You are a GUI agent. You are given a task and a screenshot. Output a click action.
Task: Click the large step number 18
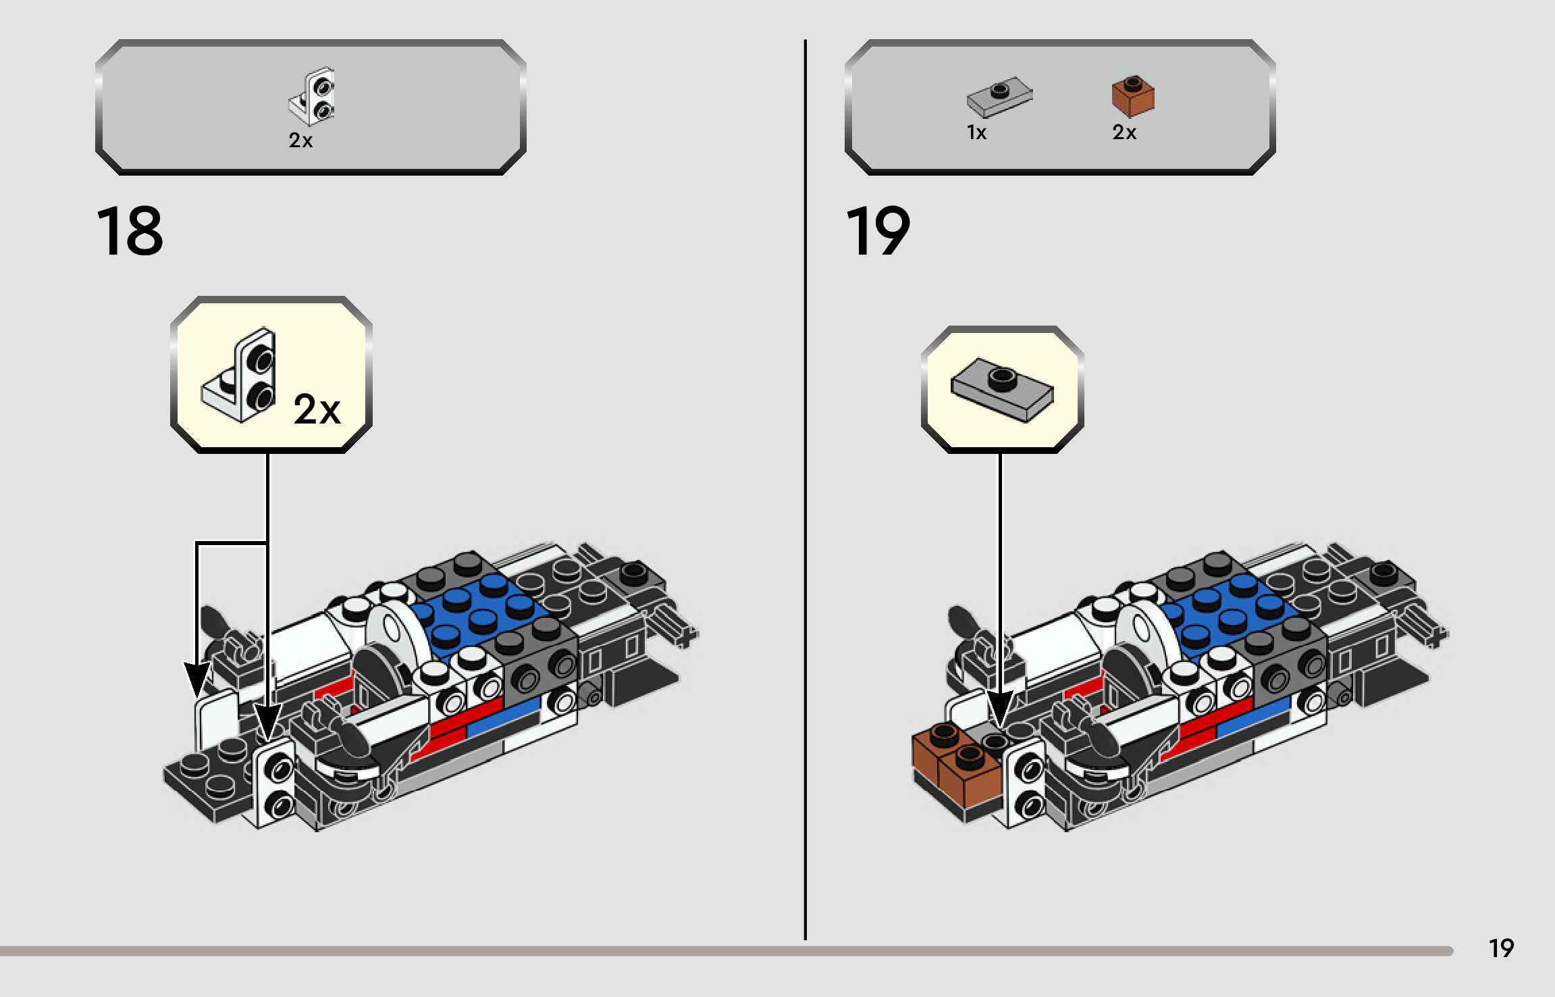tap(130, 232)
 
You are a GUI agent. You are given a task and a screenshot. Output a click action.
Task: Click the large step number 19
tap(877, 232)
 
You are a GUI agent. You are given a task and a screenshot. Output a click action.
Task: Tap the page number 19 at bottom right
tap(1501, 948)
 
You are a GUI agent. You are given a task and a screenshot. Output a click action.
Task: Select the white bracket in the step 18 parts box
tap(313, 97)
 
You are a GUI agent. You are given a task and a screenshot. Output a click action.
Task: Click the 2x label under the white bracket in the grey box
tap(300, 140)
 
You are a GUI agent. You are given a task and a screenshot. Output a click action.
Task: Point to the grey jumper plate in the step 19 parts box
tap(999, 97)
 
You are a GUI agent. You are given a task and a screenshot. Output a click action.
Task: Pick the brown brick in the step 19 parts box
tap(1133, 95)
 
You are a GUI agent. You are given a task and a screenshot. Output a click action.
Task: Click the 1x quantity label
tap(976, 132)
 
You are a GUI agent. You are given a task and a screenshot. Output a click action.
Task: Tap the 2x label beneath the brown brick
tap(1124, 132)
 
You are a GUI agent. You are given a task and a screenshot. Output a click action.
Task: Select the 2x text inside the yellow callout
tap(317, 409)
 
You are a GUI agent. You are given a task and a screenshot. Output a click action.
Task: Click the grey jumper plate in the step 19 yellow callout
tap(1002, 392)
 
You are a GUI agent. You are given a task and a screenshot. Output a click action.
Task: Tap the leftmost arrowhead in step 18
tap(196, 678)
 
